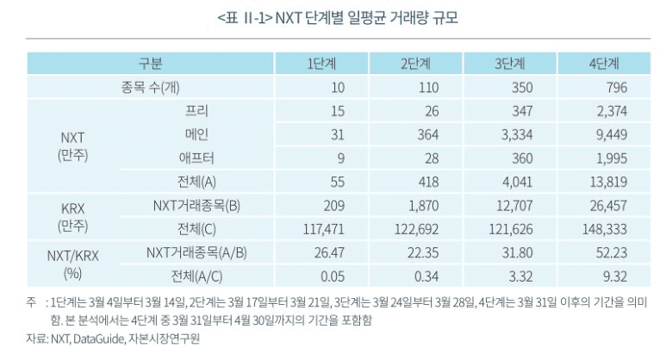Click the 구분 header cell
click(x=151, y=64)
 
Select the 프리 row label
click(x=197, y=111)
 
